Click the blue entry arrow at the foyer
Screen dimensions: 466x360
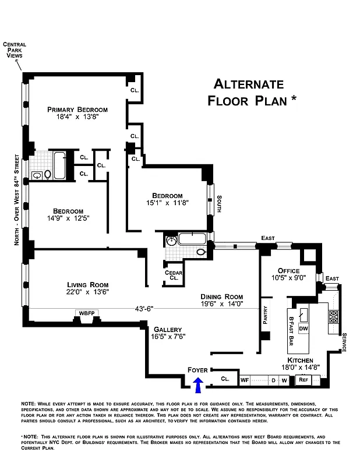[x=198, y=384]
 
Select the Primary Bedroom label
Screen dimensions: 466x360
[x=77, y=110]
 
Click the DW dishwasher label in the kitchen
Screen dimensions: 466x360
[x=303, y=329]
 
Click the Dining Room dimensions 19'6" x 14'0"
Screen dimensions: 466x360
[x=221, y=303]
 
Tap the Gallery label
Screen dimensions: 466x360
[x=168, y=329]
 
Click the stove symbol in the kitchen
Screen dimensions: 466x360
[x=334, y=317]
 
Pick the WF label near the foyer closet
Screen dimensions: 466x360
[x=245, y=380]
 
